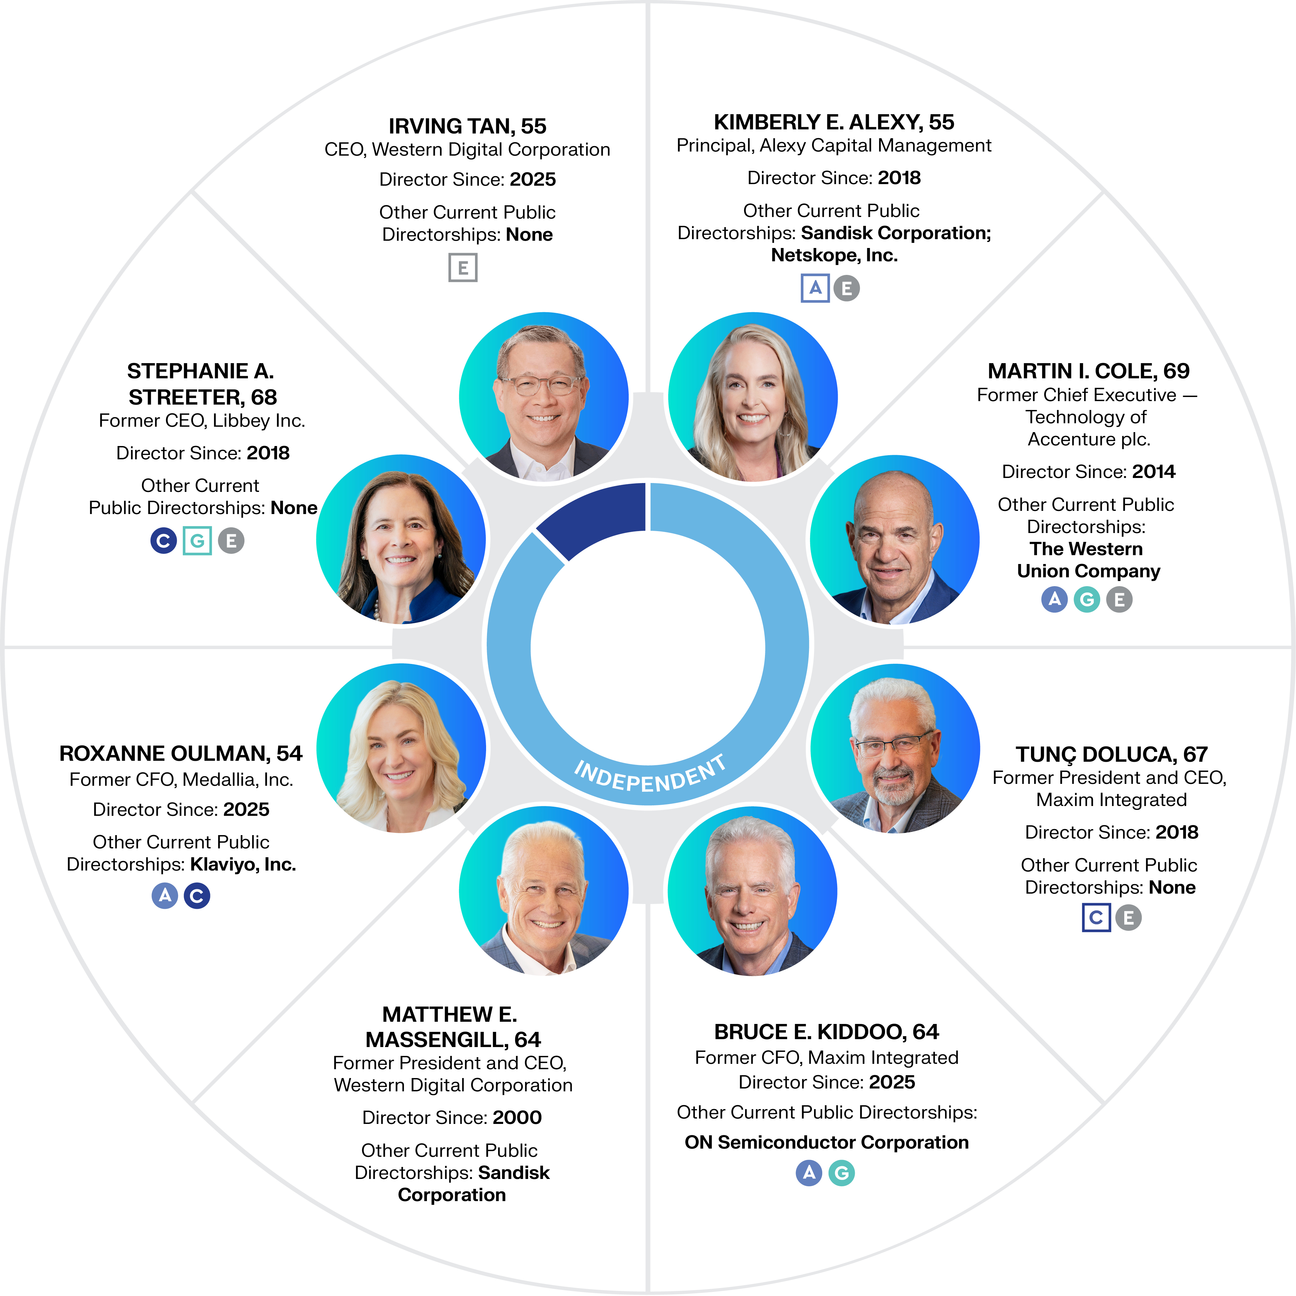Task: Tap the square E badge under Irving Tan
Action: click(463, 268)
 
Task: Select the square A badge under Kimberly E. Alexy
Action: click(815, 288)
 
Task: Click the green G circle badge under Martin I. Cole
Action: click(1087, 599)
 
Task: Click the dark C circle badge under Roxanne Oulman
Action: click(196, 896)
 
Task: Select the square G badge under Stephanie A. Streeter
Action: click(197, 541)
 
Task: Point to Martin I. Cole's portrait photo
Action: click(894, 540)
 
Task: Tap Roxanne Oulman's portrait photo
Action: click(401, 748)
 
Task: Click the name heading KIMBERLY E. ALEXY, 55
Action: click(834, 122)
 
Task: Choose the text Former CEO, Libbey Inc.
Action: click(202, 421)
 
